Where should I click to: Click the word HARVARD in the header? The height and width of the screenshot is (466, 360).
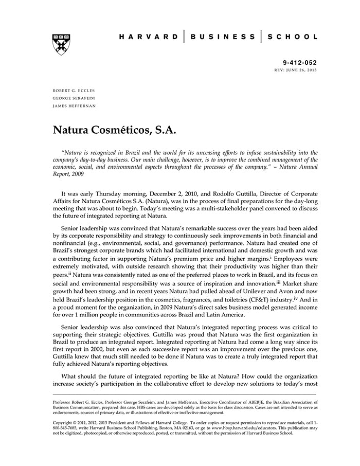148,37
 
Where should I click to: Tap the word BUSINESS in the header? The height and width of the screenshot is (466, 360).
223,37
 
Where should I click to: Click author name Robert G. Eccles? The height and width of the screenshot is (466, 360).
74,90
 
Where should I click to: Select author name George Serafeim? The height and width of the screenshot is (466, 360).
74,98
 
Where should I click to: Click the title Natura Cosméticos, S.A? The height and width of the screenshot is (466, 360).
115,131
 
